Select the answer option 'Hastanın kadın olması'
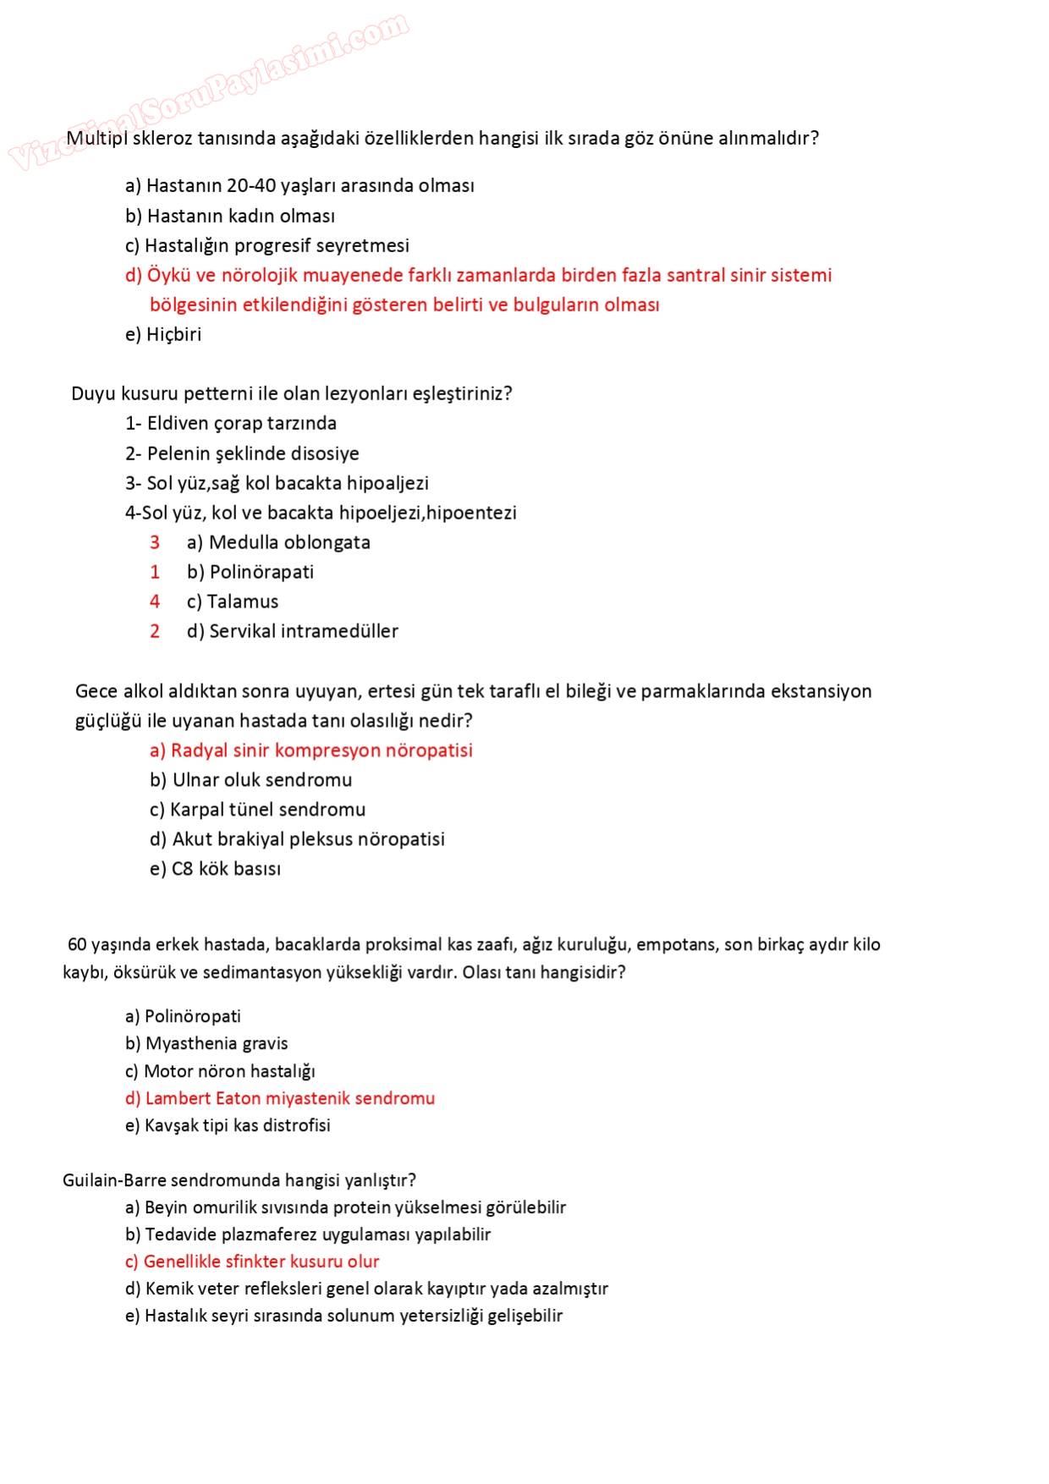230,216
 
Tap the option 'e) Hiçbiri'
163,334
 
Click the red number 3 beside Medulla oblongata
155,542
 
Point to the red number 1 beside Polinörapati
155,572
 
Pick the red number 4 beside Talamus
155,602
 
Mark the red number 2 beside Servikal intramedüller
155,631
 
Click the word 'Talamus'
243,602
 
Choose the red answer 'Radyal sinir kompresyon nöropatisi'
311,750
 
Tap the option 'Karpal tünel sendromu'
258,810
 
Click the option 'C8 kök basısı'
216,869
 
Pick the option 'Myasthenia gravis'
206,1043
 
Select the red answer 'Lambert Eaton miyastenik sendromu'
280,1098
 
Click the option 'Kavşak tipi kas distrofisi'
228,1125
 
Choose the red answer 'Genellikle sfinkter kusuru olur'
252,1261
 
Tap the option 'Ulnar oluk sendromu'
251,780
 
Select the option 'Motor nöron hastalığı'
220,1071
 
